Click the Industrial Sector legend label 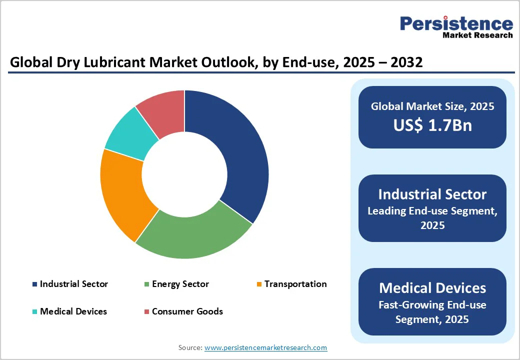pos(74,284)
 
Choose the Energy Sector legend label pos(180,284)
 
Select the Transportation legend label pos(295,284)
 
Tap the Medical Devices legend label pos(73,311)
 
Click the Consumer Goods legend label pos(187,311)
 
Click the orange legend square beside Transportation pos(258,284)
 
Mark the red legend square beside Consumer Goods pos(146,312)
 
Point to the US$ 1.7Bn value pos(432,125)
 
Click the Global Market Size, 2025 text pos(432,106)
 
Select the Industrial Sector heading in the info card pos(432,194)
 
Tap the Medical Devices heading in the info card pos(432,287)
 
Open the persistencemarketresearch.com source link pos(266,347)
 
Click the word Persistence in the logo pos(456,23)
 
